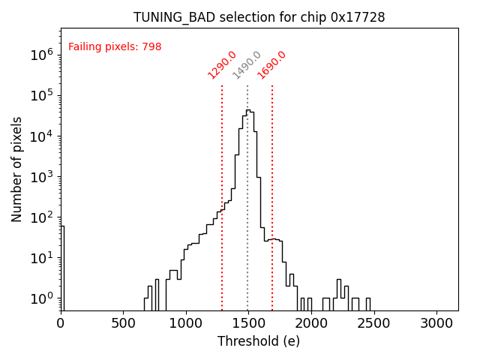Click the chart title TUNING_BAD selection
coord(259,17)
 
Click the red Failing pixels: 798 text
coord(115,47)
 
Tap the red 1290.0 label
coord(222,65)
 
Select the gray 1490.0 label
coord(247,65)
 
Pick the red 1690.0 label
coord(272,65)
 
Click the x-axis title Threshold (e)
coord(259,342)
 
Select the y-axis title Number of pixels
coord(17,169)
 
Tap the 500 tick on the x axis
coord(124,323)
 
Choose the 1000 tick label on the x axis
coord(186,323)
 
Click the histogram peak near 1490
coord(248,111)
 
